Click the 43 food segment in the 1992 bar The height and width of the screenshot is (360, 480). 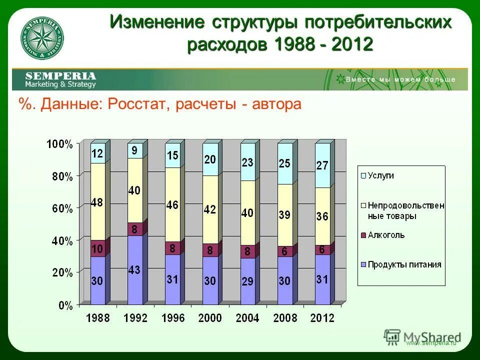[135, 270]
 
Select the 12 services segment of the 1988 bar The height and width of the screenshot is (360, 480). [97, 153]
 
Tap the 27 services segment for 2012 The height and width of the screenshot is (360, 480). [322, 165]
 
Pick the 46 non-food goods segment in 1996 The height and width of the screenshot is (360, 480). [172, 204]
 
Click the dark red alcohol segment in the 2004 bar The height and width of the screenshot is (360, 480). [247, 251]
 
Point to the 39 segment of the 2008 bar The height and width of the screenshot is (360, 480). [285, 215]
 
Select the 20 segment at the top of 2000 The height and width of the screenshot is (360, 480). [210, 159]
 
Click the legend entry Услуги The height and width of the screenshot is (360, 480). [381, 175]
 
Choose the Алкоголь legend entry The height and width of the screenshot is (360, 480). [386, 235]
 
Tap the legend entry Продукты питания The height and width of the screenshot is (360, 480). [404, 264]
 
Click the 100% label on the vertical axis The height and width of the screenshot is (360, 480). [60, 144]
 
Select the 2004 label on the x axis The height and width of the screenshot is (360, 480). [247, 318]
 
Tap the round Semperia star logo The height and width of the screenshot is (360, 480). [42, 39]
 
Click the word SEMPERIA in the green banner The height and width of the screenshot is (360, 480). [60, 76]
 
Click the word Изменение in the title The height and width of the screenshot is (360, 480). [157, 22]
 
